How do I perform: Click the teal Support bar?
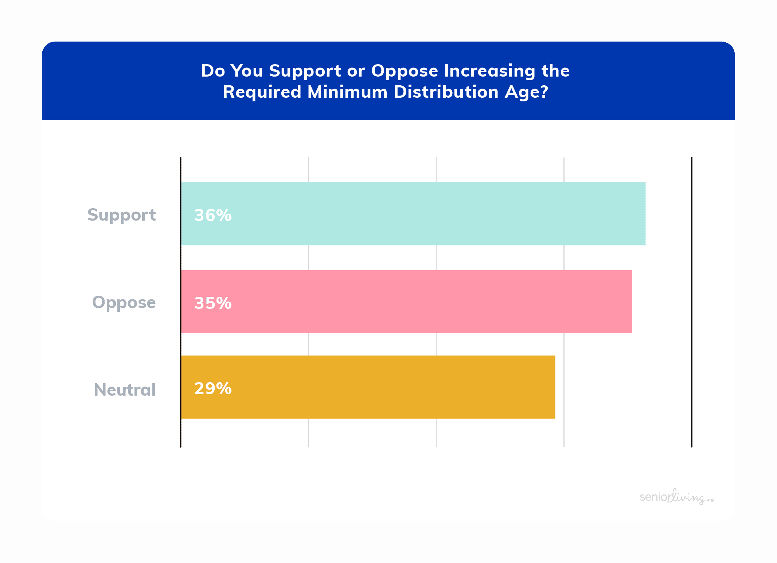[x=413, y=214]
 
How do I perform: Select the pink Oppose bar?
[x=407, y=302]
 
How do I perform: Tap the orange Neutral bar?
[x=368, y=387]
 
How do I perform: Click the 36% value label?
[x=213, y=215]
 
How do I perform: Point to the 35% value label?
[x=213, y=303]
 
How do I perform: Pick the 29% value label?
[x=213, y=389]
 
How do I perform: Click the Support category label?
[x=122, y=215]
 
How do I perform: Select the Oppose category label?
[x=124, y=303]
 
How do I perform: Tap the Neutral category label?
[x=125, y=389]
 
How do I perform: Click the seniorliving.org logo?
[x=677, y=497]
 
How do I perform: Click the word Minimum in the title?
[x=348, y=92]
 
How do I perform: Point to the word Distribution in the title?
[x=446, y=92]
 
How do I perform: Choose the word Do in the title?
[x=213, y=71]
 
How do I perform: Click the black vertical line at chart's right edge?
[x=692, y=302]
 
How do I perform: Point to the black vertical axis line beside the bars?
[x=181, y=302]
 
